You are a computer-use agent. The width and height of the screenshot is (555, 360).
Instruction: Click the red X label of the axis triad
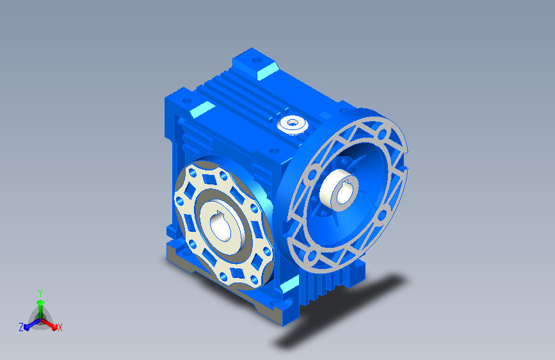pos(60,328)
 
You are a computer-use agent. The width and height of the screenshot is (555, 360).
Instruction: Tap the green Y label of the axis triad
pos(40,293)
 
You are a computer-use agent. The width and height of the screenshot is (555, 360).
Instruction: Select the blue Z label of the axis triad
pos(21,327)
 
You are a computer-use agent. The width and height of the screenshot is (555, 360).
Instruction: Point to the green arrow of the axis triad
pos(41,309)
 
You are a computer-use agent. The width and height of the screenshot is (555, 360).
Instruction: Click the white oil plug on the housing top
pos(293,124)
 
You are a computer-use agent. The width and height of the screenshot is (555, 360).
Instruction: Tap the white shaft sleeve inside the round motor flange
pos(339,191)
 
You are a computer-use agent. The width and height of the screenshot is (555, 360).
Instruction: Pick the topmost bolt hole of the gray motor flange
pos(382,135)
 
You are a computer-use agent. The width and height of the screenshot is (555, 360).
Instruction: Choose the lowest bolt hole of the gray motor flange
pos(312,256)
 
